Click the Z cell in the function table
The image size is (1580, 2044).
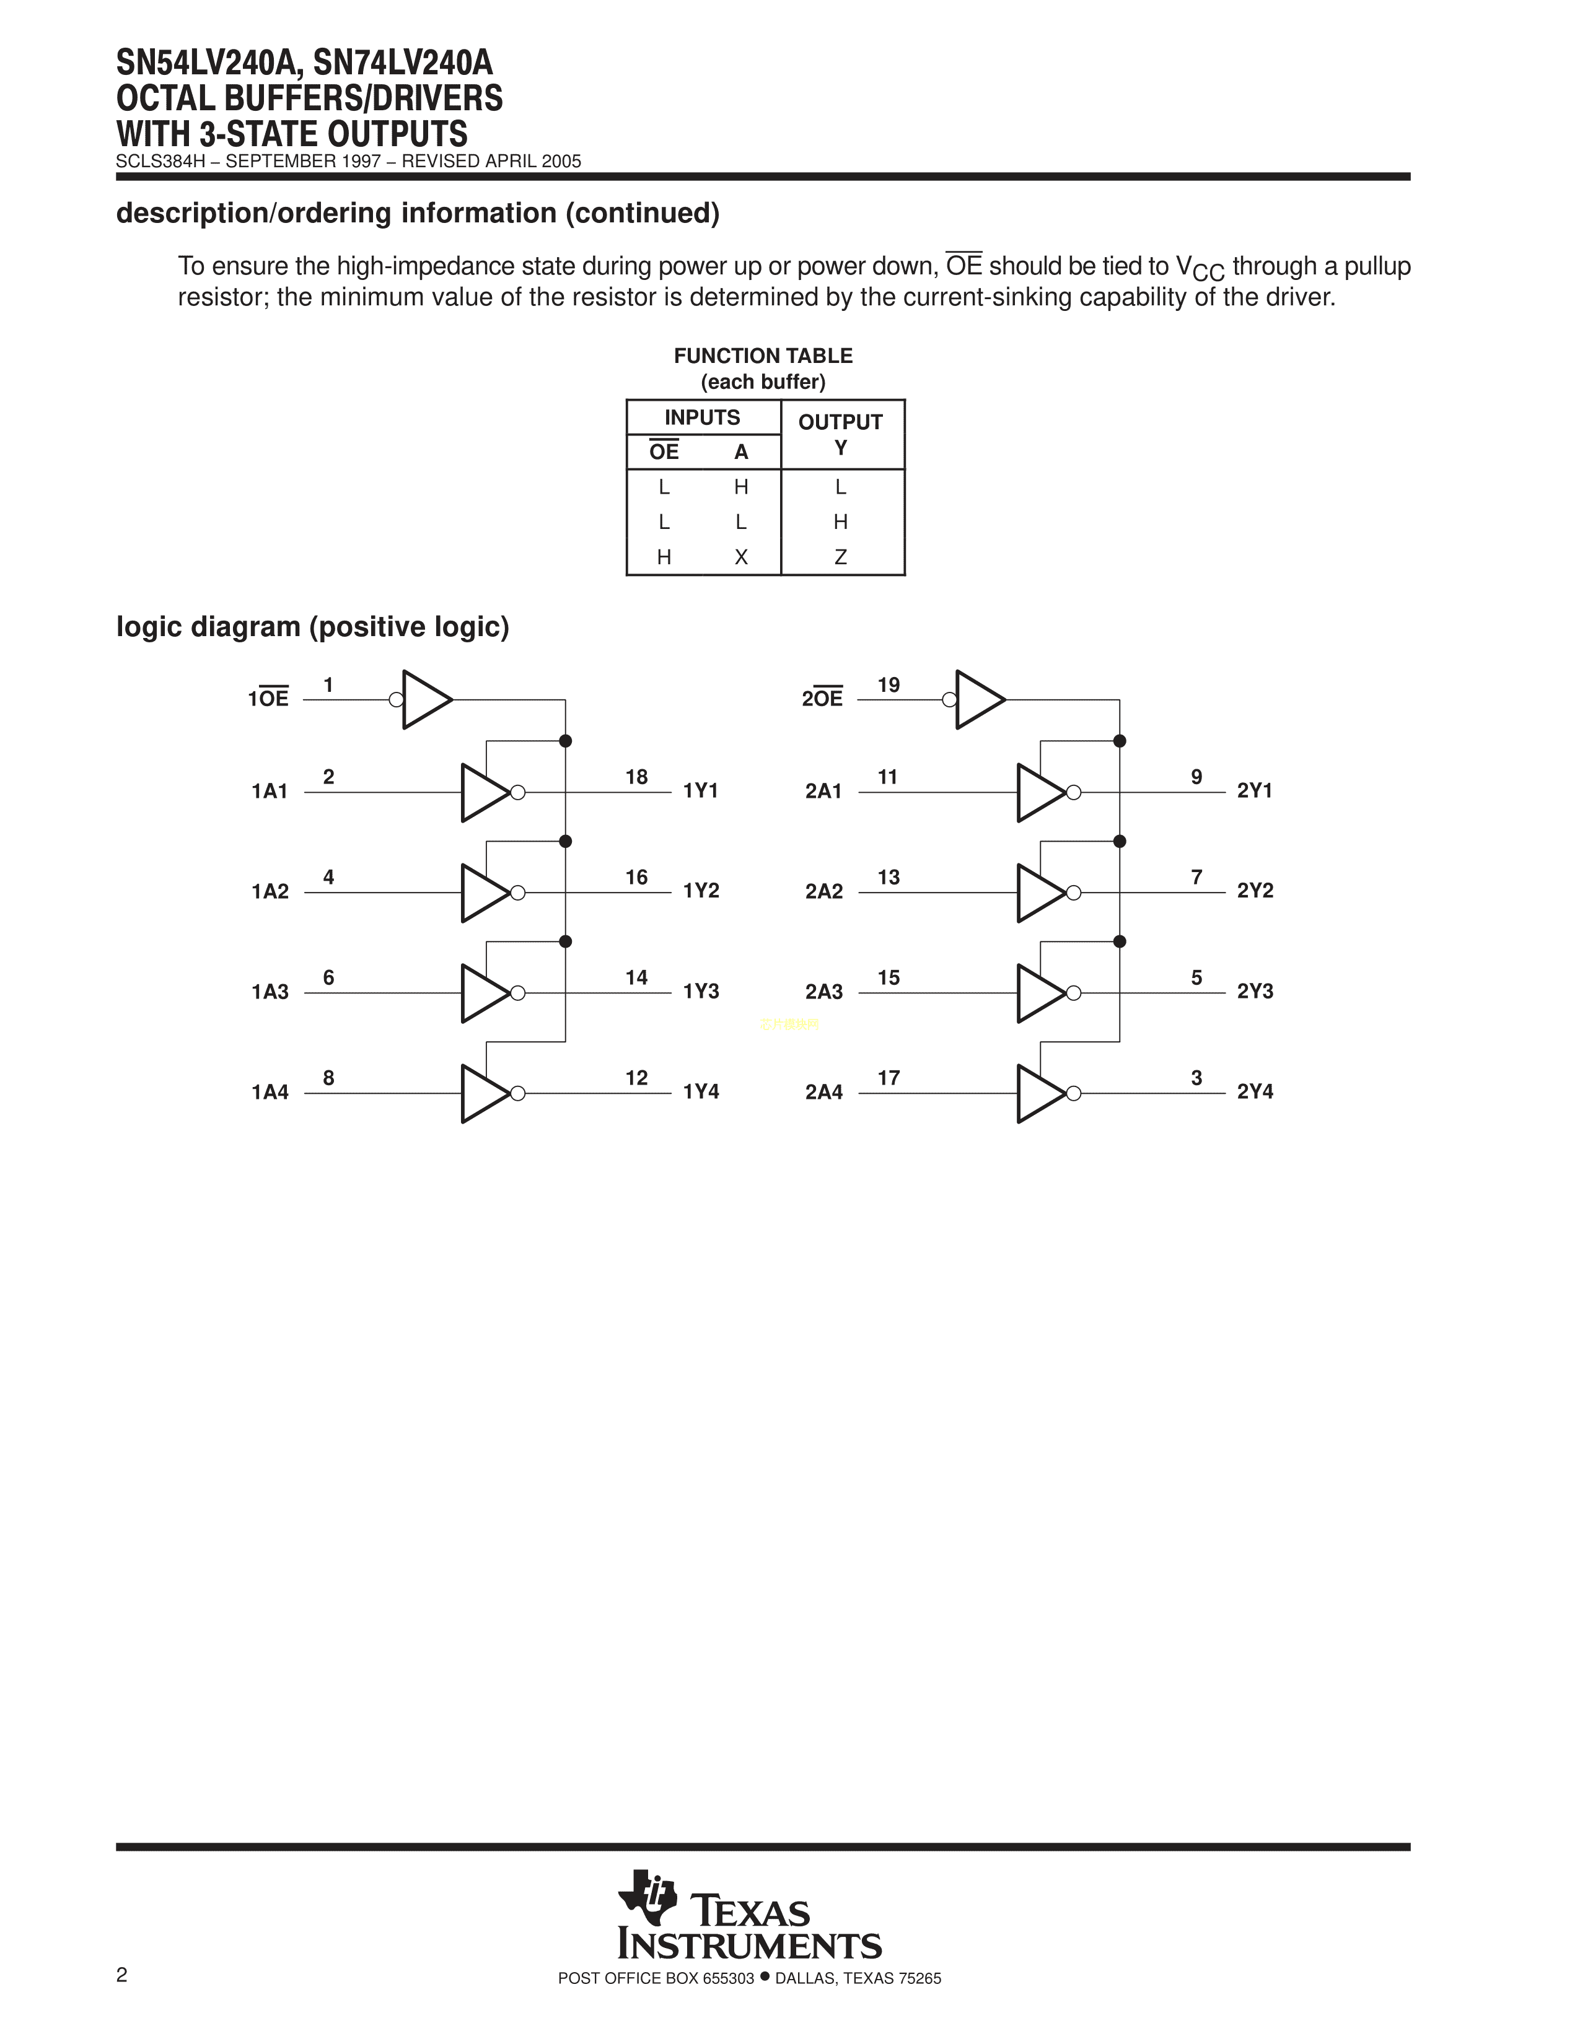point(841,557)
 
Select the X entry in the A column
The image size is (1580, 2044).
point(741,557)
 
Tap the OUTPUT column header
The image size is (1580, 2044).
point(841,422)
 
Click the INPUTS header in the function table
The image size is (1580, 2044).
point(702,417)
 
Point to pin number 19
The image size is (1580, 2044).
point(889,685)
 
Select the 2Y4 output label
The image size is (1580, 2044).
point(1255,1091)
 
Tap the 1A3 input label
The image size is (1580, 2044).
point(270,992)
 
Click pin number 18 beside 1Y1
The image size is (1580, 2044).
point(636,777)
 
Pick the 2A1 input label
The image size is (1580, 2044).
point(823,792)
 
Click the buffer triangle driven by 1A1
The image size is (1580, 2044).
point(484,793)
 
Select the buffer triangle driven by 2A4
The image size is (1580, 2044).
point(1040,1093)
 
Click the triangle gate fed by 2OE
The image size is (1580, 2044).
point(979,699)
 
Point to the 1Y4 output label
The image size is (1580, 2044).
point(701,1091)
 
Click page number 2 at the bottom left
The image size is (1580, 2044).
point(121,1975)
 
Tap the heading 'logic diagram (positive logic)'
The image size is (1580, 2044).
point(313,626)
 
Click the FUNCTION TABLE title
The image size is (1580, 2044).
point(763,356)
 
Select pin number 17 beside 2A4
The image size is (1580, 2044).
point(889,1078)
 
